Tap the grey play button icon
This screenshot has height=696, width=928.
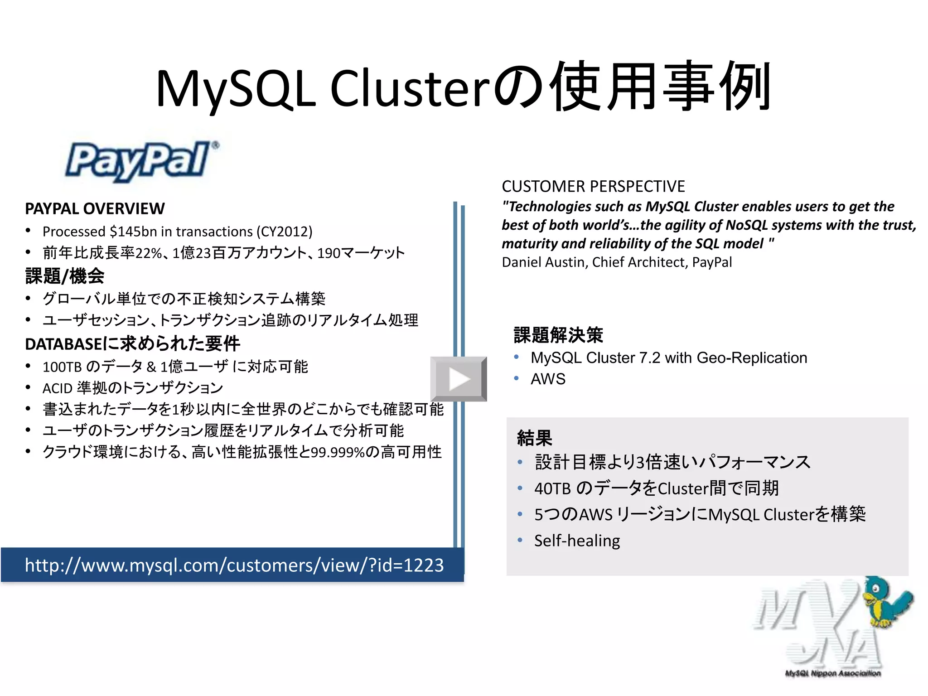pos(459,379)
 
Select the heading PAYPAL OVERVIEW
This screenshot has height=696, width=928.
pos(95,209)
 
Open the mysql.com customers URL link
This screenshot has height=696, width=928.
pos(234,565)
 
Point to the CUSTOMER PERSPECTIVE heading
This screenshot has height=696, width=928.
pos(593,186)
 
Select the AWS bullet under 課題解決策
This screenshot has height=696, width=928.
pos(548,379)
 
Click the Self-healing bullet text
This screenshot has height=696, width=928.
pos(577,541)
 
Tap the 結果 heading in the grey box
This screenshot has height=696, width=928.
pos(534,438)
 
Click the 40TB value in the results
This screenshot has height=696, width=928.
pos(552,488)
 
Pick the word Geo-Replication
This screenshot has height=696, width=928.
pos(752,358)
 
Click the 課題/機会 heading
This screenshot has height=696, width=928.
pos(65,276)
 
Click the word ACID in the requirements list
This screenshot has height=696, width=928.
pos(58,388)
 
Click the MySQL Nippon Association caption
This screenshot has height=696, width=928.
pos(832,673)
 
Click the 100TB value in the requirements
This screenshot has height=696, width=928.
pos(62,367)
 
